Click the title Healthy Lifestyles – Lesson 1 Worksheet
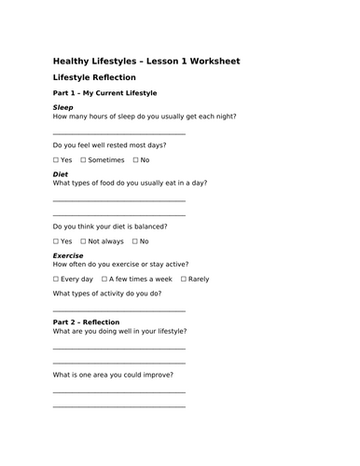pos(145,62)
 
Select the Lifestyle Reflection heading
pos(94,78)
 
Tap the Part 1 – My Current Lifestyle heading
pos(104,93)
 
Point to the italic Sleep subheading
pos(63,107)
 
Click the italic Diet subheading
pos(61,174)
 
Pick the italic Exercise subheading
pos(68,255)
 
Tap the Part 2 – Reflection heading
pos(87,322)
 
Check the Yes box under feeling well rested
pos(56,159)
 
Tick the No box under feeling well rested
pos(133,159)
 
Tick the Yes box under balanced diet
pos(56,241)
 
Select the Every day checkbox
pos(56,279)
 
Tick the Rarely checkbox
pos(183,279)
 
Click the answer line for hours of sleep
pos(118,134)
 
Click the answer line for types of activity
pos(118,309)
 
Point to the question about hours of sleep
pos(145,116)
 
